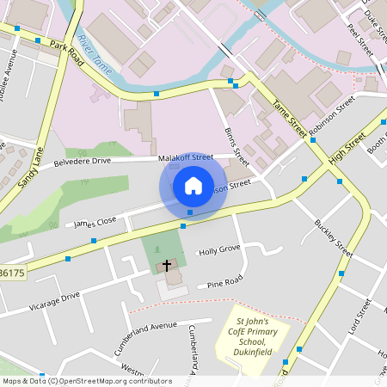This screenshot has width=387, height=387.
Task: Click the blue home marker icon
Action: pos(193,186)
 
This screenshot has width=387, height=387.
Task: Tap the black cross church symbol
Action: pos(166,266)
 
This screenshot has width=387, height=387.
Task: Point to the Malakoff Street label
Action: pos(185,158)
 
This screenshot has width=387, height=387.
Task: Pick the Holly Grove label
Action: pos(219,250)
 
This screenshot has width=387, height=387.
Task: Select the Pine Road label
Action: pos(225,280)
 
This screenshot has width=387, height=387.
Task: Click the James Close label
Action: pos(95,222)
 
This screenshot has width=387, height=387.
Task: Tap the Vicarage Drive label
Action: pos(54,302)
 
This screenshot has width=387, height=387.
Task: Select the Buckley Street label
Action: pos(334,238)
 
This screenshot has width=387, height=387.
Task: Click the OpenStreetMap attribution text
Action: pos(86,381)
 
